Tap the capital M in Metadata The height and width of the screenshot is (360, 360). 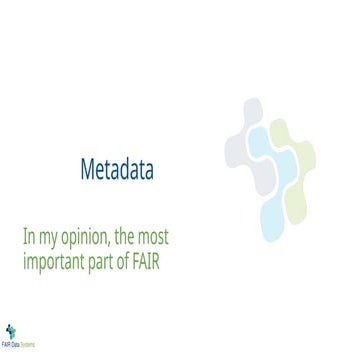click(86, 171)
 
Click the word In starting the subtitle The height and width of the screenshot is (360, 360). click(29, 240)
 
